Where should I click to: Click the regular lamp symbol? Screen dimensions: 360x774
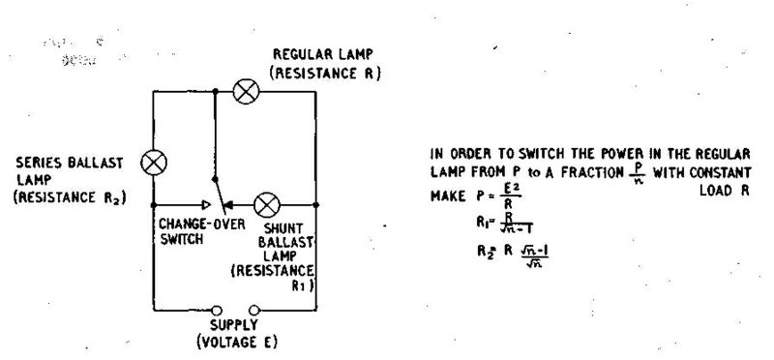247,93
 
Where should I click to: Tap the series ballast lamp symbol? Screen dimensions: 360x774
153,162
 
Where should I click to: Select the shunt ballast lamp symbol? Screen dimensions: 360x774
267,205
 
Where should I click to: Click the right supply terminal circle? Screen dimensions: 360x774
253,311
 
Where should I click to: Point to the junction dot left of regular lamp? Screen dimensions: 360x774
214,93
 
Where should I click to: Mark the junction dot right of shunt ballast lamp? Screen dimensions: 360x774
317,205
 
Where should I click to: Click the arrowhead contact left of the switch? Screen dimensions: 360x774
205,205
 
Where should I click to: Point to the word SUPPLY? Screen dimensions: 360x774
235,326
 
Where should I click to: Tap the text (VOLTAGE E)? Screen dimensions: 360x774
235,342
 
